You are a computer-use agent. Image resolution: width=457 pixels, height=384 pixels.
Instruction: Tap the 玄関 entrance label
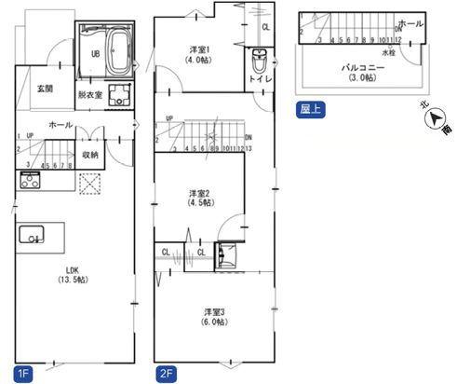(x=45, y=89)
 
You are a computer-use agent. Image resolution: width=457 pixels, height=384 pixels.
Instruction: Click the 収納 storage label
(x=90, y=155)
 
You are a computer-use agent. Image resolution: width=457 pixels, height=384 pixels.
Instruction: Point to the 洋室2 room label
(x=199, y=197)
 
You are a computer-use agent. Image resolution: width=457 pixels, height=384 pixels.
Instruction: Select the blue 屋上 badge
(x=310, y=107)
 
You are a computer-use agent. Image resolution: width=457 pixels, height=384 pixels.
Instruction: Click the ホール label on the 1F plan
(x=60, y=123)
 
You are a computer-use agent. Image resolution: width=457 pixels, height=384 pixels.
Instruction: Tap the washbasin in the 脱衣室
(x=120, y=94)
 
